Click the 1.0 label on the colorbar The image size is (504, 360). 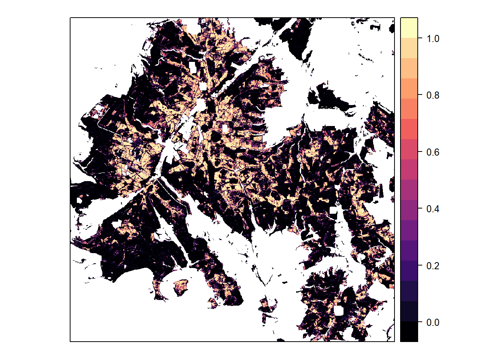pyautogui.click(x=433, y=39)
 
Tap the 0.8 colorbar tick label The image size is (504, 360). pyautogui.click(x=433, y=95)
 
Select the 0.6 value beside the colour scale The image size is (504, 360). pyautogui.click(x=433, y=152)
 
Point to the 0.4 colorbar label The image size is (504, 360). pyautogui.click(x=433, y=209)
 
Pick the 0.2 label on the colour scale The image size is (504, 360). pyautogui.click(x=433, y=266)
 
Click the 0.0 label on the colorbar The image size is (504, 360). pyautogui.click(x=433, y=322)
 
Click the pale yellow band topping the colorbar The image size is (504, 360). pyautogui.click(x=409, y=27)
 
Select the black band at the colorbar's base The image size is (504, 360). pyautogui.click(x=409, y=331)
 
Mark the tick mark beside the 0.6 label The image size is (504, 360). pyautogui.click(x=420, y=152)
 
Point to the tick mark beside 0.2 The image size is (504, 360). pyautogui.click(x=420, y=266)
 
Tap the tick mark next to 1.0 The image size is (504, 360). pyautogui.click(x=420, y=39)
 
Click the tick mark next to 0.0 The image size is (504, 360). pyautogui.click(x=420, y=322)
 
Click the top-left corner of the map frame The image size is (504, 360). pyautogui.click(x=70, y=18)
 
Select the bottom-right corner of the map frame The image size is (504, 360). pyautogui.click(x=394, y=342)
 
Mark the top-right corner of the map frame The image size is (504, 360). pyautogui.click(x=394, y=18)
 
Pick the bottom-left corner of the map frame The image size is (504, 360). pyautogui.click(x=70, y=342)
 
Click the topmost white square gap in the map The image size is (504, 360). pyautogui.click(x=193, y=67)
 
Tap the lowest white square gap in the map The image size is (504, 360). pyautogui.click(x=339, y=310)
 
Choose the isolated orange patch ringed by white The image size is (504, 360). pyautogui.click(x=180, y=287)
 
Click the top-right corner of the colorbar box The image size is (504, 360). pyautogui.click(x=418, y=18)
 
